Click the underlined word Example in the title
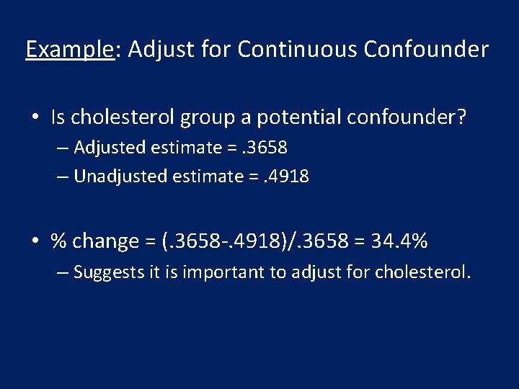coord(69,50)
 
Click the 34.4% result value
coord(399,241)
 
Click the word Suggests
coord(106,272)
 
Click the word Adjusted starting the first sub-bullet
coord(108,148)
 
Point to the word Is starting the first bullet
coord(58,117)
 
